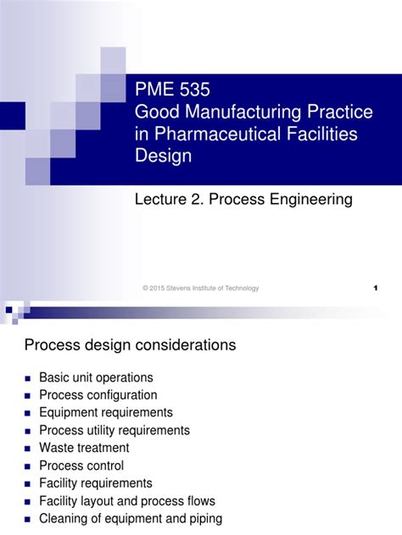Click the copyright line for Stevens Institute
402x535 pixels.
click(201, 289)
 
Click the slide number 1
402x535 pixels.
click(375, 289)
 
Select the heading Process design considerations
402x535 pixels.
click(130, 345)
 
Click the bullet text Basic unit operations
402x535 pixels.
click(96, 378)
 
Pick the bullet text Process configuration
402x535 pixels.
click(98, 395)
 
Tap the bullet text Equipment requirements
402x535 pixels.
click(106, 412)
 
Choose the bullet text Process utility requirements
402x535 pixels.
click(114, 430)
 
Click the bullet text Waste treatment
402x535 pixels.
click(84, 448)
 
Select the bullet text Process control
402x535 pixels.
click(81, 466)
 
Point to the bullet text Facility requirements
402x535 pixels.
click(96, 483)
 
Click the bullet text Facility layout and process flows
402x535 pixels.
click(127, 500)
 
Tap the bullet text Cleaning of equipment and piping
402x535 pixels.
click(131, 518)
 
